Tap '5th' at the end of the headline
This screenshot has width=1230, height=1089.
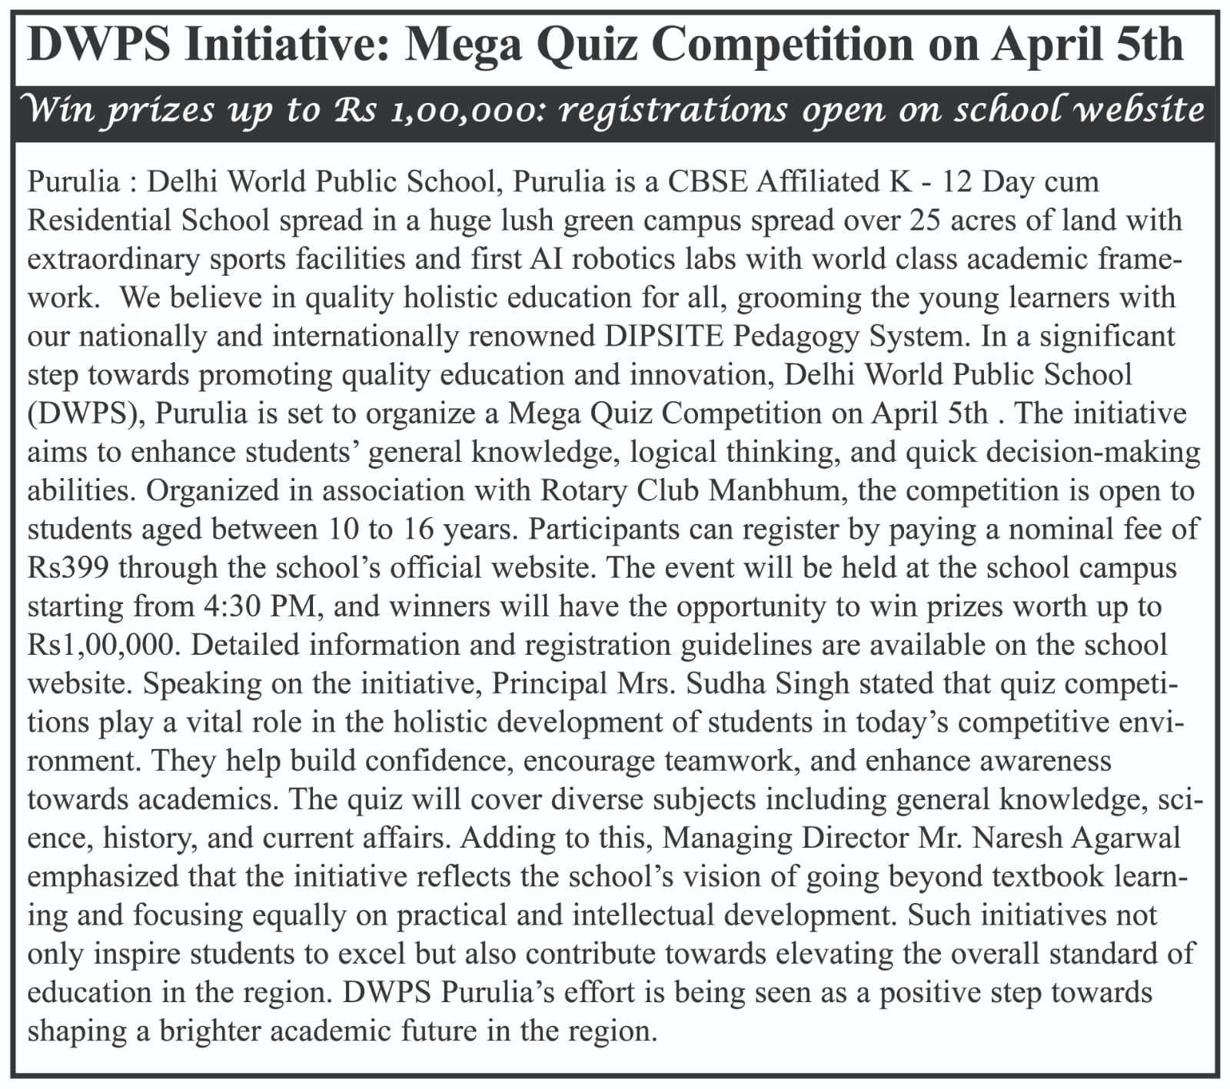pos(1150,45)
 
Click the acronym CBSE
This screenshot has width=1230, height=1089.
pos(708,182)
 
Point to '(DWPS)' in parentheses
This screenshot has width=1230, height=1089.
pos(88,413)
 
